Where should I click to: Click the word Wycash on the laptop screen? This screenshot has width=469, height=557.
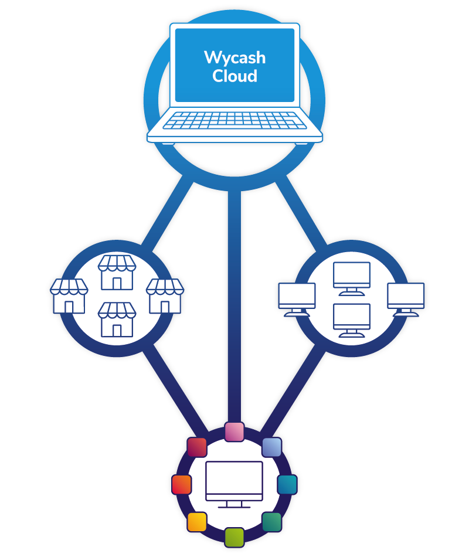pos(235,57)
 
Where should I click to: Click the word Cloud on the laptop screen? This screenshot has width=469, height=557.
pos(235,76)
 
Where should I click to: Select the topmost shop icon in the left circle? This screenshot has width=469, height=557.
pos(117,273)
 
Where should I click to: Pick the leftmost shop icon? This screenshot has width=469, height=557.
pos(69,296)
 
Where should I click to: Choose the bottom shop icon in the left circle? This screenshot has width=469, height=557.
pos(117,319)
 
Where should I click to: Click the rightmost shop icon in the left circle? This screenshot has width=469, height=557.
pos(165,296)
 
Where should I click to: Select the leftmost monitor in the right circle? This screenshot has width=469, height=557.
pos(297,299)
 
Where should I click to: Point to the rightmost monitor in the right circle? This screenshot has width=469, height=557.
pos(406,299)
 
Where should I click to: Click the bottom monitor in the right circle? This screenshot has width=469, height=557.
pos(352,320)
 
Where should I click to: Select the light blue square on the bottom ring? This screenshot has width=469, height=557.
pos(271,447)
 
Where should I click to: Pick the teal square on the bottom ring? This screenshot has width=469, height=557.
pos(287,484)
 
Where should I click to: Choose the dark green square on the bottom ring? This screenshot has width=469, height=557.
pos(271,521)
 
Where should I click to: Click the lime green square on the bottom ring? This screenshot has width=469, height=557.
pos(235,536)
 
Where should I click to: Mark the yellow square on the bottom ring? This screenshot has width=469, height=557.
pos(197,521)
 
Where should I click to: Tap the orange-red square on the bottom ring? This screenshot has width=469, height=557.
pos(182,484)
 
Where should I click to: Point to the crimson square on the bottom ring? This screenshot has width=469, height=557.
pos(197,447)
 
